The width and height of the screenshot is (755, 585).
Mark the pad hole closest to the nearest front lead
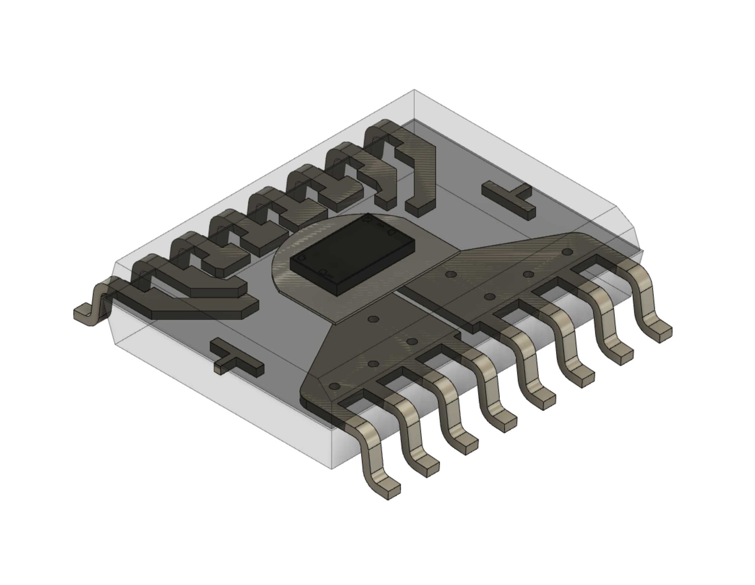(334, 386)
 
